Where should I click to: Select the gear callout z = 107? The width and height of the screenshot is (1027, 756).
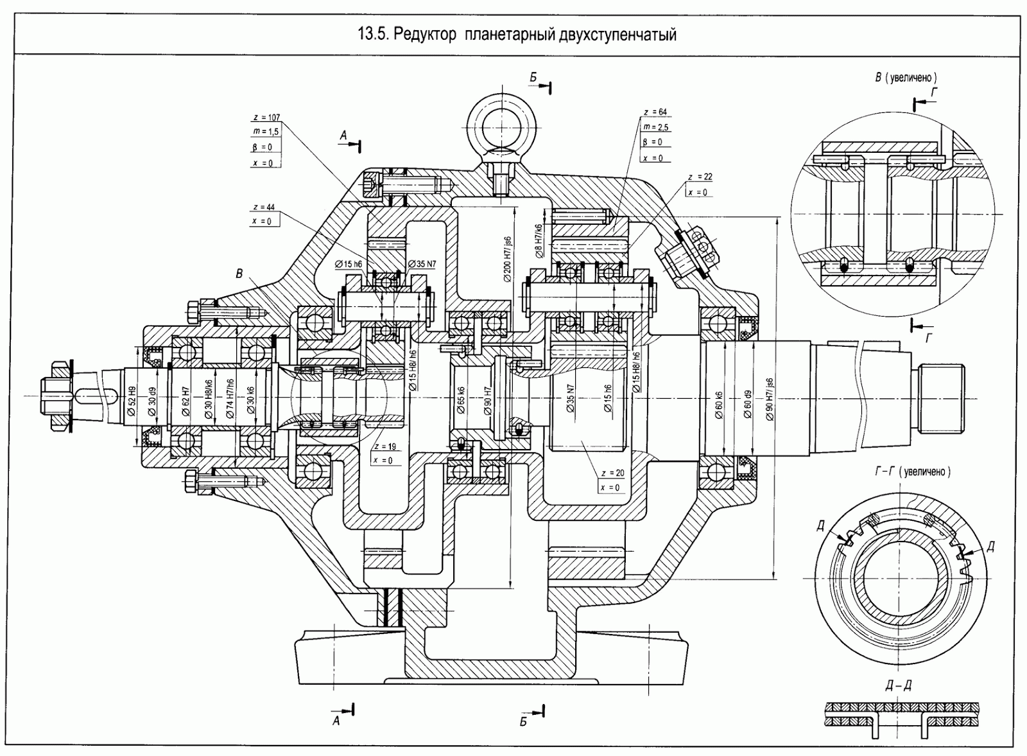266,118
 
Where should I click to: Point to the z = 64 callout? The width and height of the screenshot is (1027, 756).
655,112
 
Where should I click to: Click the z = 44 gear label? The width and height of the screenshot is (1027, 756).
264,207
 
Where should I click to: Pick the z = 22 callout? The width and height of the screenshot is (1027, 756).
700,177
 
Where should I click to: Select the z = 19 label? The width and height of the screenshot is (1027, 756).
385,446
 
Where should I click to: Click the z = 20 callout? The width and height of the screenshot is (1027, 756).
612,473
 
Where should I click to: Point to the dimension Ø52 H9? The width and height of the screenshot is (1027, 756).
132,401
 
